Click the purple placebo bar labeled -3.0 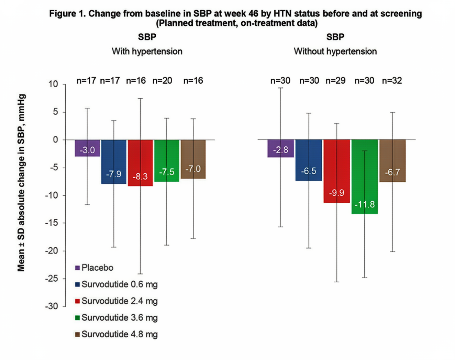87,148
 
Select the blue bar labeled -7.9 114,162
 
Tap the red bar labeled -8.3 140,163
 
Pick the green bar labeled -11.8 365,177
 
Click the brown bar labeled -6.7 392,161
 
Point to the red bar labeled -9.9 336,171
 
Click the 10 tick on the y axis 53,84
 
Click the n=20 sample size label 162,81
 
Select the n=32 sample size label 392,81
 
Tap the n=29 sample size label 335,81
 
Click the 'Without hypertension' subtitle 335,52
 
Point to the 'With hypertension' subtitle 147,52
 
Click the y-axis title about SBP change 21,182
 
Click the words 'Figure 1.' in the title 67,14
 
